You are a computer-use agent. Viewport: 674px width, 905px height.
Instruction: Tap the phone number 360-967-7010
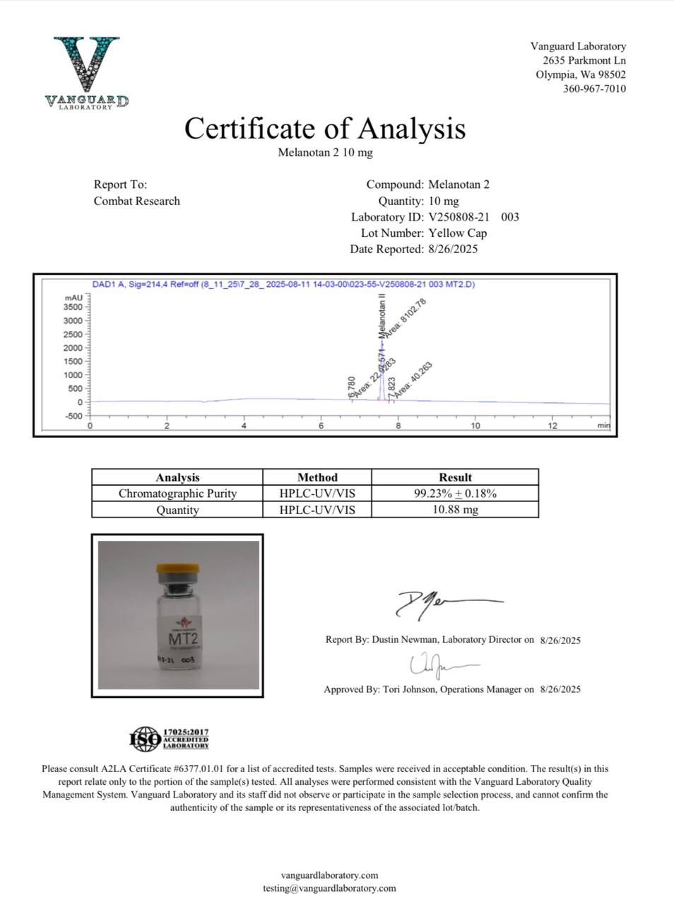pyautogui.click(x=594, y=88)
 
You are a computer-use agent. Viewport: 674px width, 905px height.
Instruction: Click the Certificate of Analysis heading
pyautogui.click(x=325, y=129)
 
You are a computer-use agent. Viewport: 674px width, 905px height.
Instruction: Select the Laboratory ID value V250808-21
pyautogui.click(x=459, y=217)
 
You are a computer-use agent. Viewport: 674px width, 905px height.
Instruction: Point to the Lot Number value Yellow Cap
pyautogui.click(x=458, y=233)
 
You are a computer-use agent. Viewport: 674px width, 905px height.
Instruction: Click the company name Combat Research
pyautogui.click(x=136, y=201)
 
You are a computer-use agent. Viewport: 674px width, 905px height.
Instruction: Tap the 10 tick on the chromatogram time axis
pyautogui.click(x=475, y=426)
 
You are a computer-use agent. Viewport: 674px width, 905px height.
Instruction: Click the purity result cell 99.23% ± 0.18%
pyautogui.click(x=455, y=494)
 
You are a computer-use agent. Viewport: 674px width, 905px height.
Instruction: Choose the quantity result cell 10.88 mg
pyautogui.click(x=455, y=510)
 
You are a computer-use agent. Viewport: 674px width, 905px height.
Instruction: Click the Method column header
pyautogui.click(x=317, y=477)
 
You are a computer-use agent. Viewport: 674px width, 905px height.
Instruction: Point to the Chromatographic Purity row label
pyautogui.click(x=177, y=494)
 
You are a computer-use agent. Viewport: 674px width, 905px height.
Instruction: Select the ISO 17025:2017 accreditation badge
pyautogui.click(x=170, y=739)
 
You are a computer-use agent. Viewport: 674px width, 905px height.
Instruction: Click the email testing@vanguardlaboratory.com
pyautogui.click(x=329, y=888)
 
